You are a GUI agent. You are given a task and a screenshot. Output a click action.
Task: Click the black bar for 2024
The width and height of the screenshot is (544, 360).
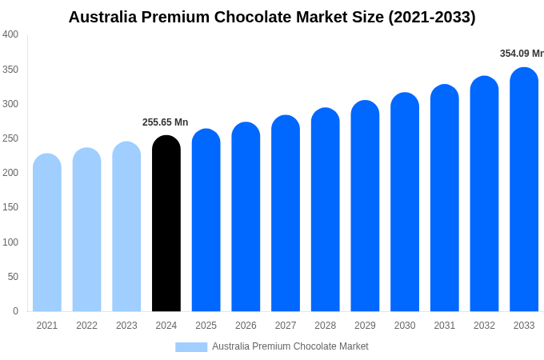click(x=166, y=224)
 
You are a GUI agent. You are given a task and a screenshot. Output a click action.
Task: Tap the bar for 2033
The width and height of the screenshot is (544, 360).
click(x=524, y=190)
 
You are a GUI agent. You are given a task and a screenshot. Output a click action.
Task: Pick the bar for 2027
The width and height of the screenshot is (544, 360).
click(x=286, y=214)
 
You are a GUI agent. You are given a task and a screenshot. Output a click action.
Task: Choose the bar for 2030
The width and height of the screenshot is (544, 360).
click(x=405, y=202)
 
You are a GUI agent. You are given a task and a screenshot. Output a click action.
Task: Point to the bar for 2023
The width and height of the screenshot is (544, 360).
click(x=126, y=226)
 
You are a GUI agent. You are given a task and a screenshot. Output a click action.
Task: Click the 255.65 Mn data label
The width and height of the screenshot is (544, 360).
click(x=165, y=122)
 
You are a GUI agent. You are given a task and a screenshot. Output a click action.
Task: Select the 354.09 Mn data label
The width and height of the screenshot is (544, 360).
click(x=521, y=54)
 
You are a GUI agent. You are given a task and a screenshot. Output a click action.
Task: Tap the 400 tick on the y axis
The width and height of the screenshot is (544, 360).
click(x=10, y=34)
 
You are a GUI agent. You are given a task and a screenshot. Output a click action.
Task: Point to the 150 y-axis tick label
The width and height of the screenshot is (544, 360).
click(x=10, y=207)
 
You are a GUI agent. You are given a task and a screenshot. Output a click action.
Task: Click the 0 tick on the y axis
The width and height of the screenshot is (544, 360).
click(x=15, y=311)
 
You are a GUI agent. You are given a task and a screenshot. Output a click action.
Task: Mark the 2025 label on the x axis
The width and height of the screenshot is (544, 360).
click(x=206, y=326)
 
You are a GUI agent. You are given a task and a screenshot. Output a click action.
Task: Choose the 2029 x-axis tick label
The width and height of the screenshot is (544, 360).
click(x=365, y=326)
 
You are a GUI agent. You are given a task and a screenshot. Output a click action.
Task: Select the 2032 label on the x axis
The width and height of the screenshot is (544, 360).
click(x=484, y=326)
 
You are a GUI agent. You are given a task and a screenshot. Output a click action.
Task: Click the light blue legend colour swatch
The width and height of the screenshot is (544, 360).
click(x=191, y=347)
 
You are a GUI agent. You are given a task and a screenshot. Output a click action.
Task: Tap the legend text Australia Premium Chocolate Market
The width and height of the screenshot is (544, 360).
click(x=290, y=346)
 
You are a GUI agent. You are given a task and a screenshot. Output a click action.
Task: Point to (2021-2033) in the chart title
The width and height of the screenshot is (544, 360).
click(x=431, y=17)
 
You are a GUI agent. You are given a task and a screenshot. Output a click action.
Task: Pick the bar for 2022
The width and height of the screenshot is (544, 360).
click(x=87, y=230)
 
